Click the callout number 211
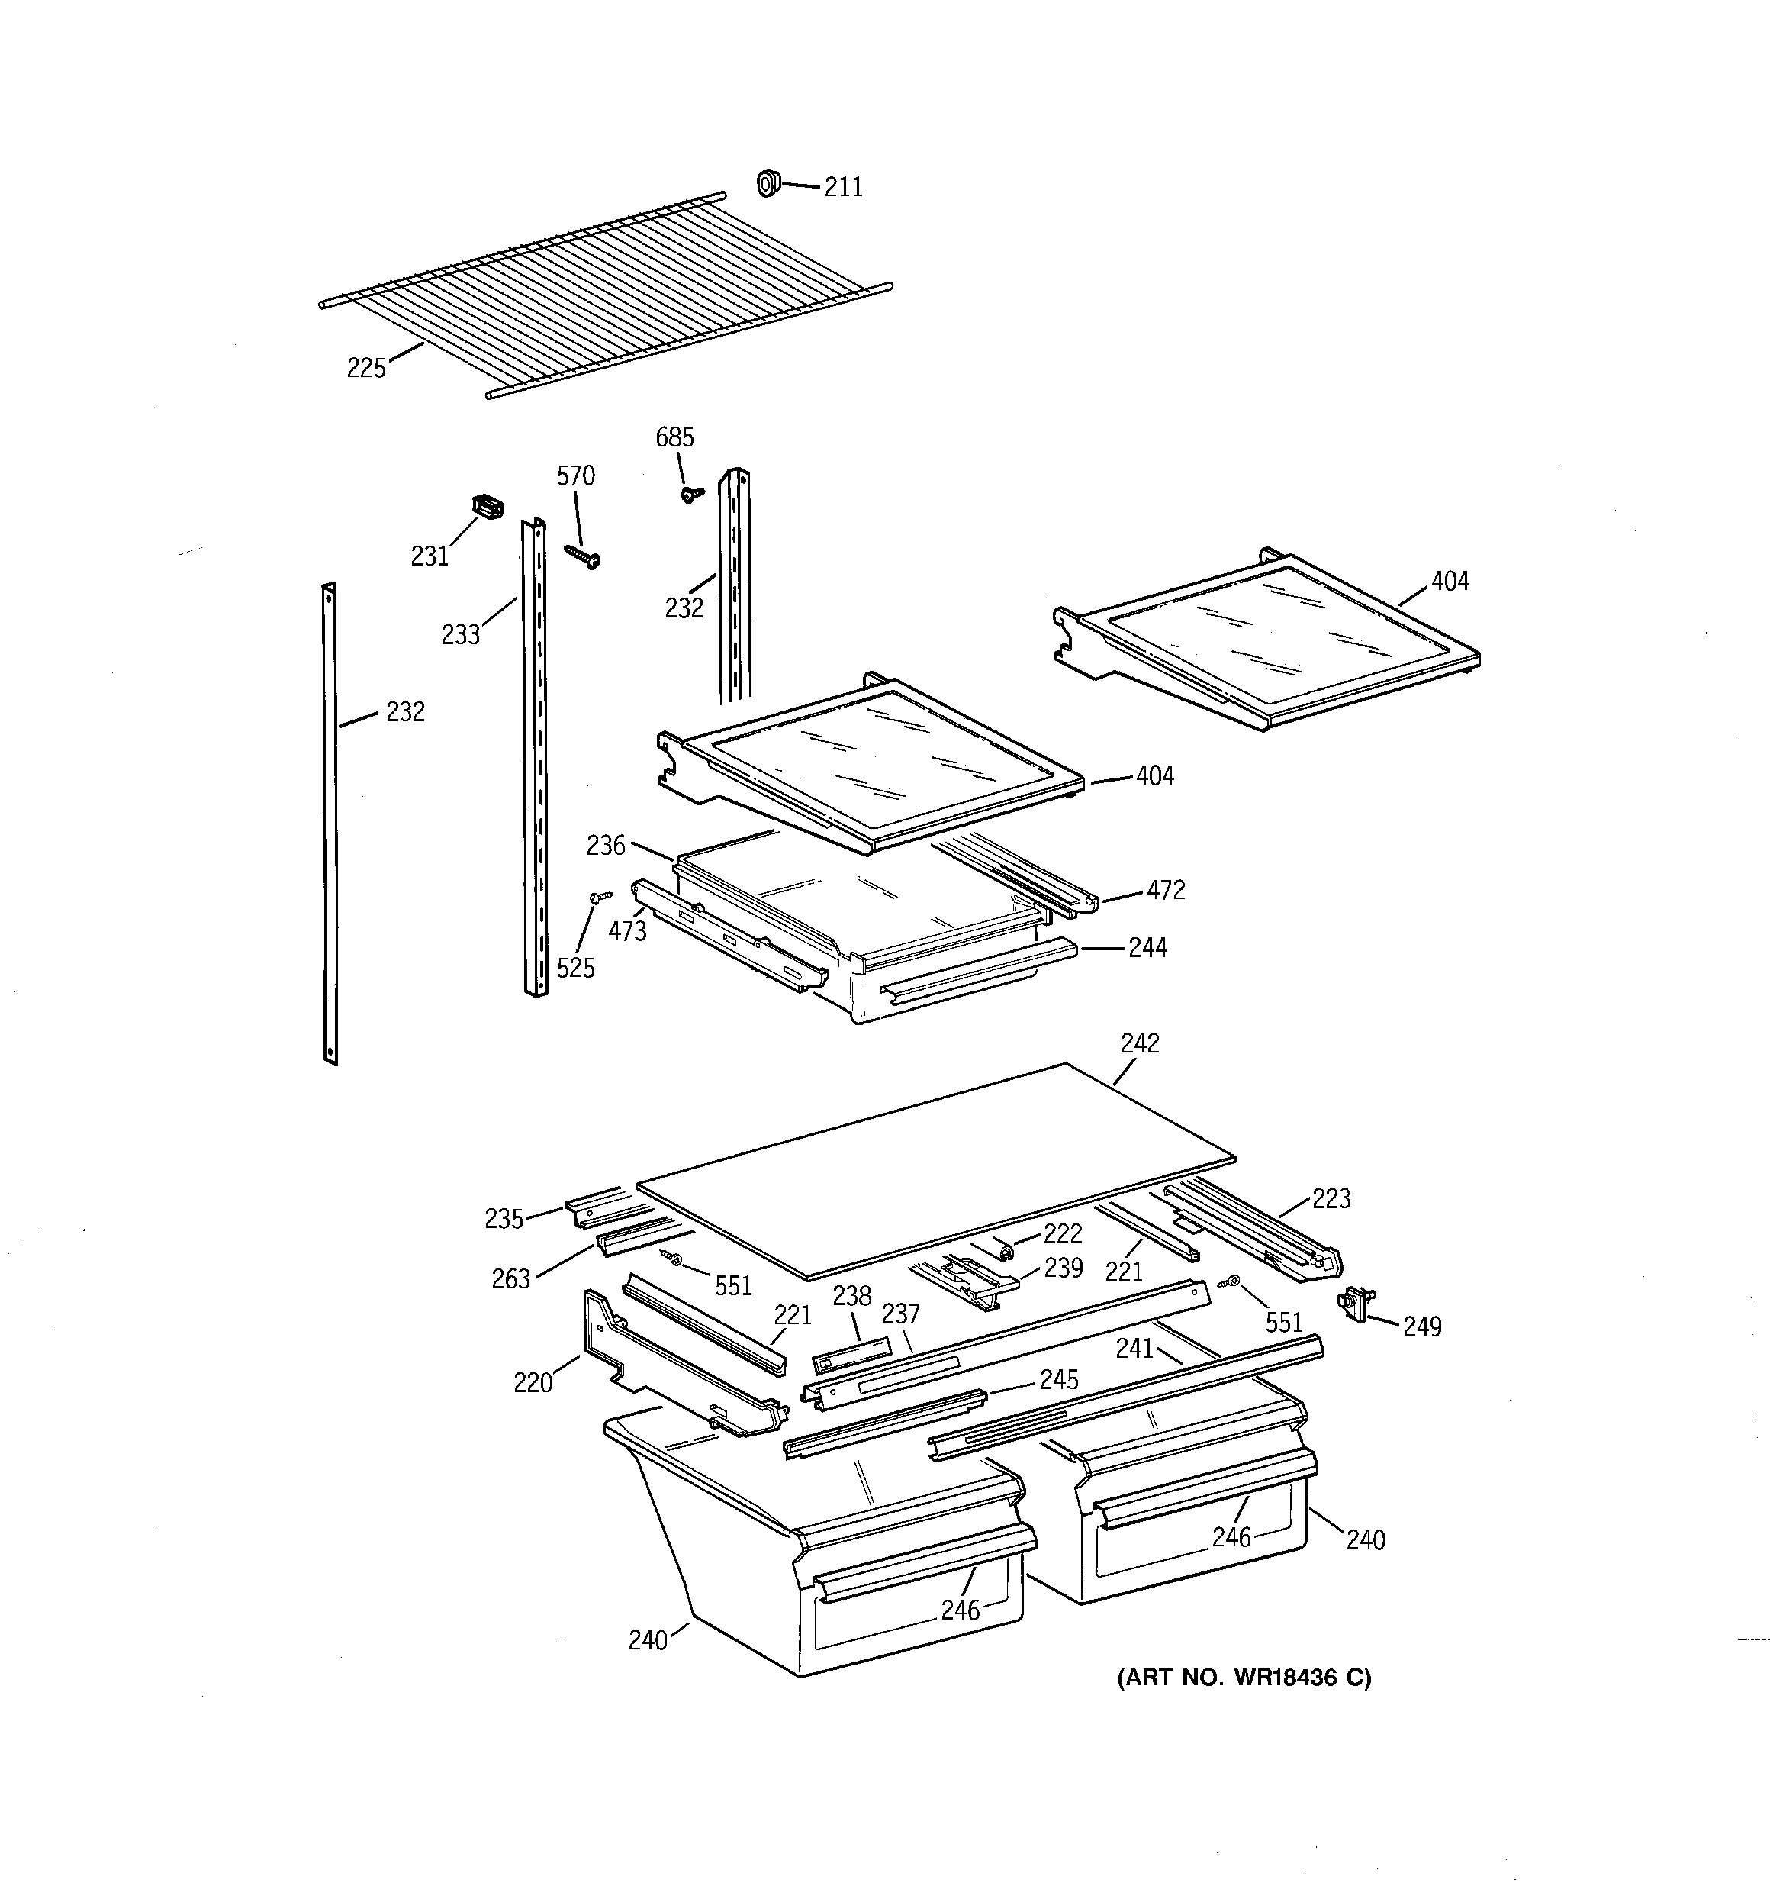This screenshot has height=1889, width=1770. (843, 187)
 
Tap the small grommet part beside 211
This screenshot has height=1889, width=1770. (767, 182)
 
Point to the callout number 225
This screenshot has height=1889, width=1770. (365, 368)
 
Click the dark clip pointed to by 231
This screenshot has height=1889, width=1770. (488, 508)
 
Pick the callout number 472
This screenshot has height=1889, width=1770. (1166, 891)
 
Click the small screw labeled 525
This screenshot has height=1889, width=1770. (600, 896)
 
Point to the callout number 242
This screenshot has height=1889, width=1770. (1139, 1043)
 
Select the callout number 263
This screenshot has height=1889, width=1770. (510, 1279)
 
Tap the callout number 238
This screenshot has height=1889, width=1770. (851, 1296)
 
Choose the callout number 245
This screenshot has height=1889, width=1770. (1058, 1380)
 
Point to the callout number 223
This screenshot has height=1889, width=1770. (1331, 1199)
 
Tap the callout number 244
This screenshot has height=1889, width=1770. (1147, 947)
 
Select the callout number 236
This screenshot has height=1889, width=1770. (605, 845)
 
